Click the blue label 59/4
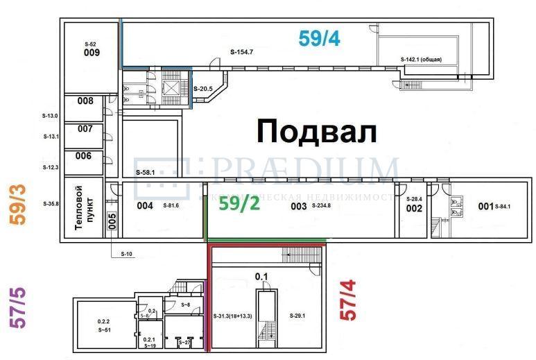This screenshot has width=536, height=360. tap(320, 37)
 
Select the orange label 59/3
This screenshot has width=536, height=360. tap(18, 204)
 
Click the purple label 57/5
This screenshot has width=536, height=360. tap(19, 307)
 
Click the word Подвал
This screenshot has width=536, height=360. tap(317, 130)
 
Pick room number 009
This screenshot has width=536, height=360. tap(92, 52)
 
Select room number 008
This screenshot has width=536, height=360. tap(85, 101)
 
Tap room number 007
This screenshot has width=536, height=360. tap(85, 128)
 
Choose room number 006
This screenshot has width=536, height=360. tap(84, 155)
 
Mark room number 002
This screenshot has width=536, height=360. tap(414, 208)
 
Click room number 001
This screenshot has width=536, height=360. tap(485, 206)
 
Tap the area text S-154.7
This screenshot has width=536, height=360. tap(242, 52)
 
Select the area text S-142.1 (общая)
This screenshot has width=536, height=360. tap(421, 60)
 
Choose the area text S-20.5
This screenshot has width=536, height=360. tap(202, 89)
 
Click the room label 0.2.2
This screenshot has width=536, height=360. tap(104, 322)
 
